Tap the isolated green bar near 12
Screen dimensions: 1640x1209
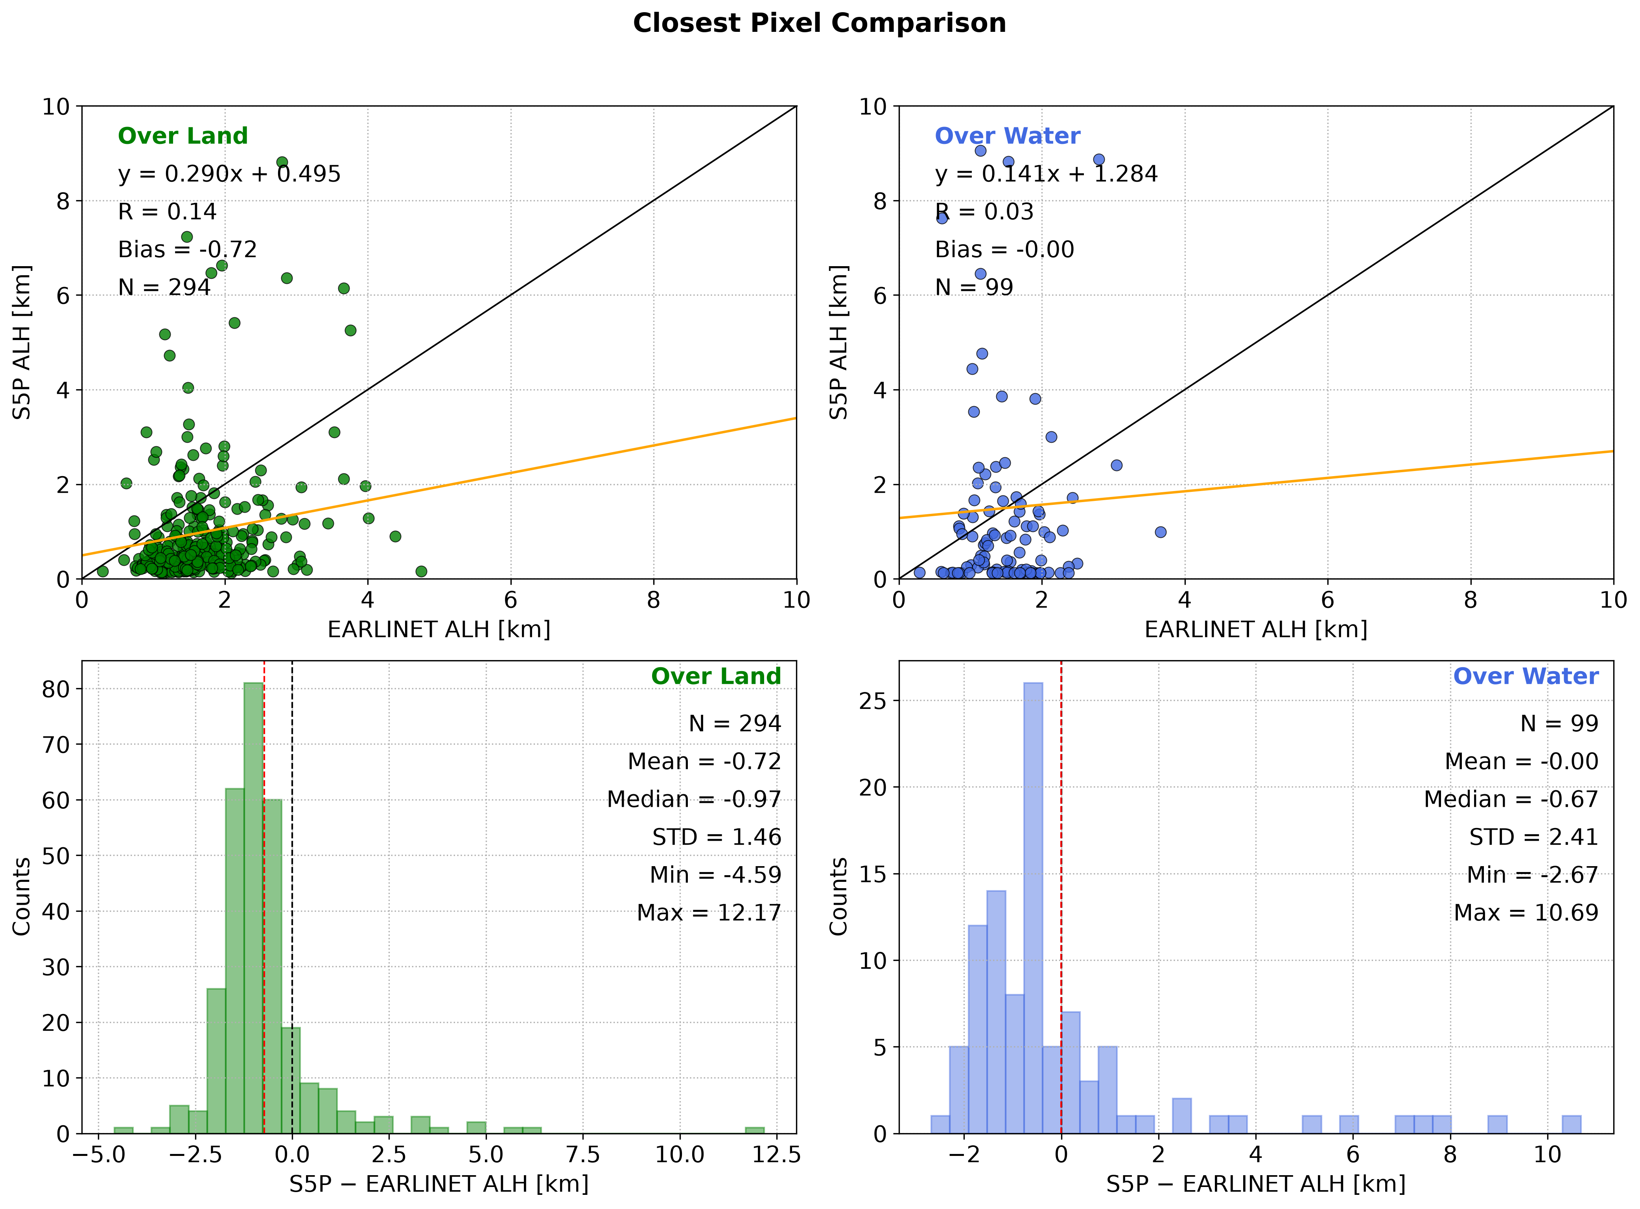755,1131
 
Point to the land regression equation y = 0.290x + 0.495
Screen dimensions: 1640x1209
229,174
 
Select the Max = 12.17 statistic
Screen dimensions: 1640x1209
709,913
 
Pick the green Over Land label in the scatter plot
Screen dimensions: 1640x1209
183,136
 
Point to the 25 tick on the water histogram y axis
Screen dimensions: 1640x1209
873,701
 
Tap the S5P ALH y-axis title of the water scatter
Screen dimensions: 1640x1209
838,342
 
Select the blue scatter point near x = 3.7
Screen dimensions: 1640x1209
1161,532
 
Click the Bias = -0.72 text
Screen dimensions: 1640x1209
188,250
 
